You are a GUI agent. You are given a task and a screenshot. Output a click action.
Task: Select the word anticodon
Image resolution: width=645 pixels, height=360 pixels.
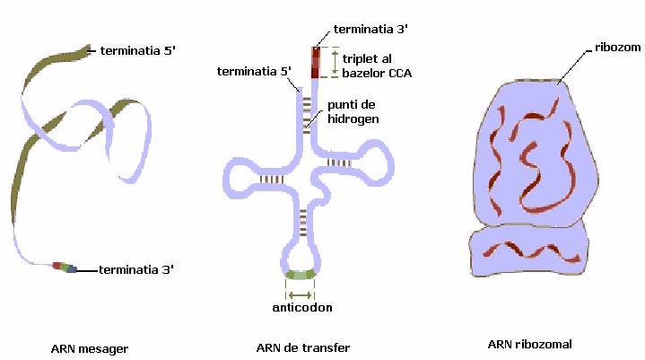301,307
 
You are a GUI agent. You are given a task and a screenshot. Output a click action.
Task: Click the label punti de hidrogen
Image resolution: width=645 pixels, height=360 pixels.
353,111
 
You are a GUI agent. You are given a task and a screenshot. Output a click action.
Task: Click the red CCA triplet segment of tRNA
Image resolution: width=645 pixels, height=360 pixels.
316,63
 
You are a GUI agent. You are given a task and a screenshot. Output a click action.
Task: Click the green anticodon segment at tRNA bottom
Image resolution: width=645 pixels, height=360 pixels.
300,274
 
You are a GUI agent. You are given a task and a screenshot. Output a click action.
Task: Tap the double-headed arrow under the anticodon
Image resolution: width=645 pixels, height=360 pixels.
300,294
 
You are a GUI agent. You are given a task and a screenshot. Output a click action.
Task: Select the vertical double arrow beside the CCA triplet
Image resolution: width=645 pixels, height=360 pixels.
334,61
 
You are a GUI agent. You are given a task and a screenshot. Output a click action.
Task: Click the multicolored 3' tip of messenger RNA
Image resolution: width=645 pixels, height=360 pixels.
65,267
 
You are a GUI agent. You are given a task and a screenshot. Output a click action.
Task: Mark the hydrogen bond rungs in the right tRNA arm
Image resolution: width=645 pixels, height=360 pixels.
338,162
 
